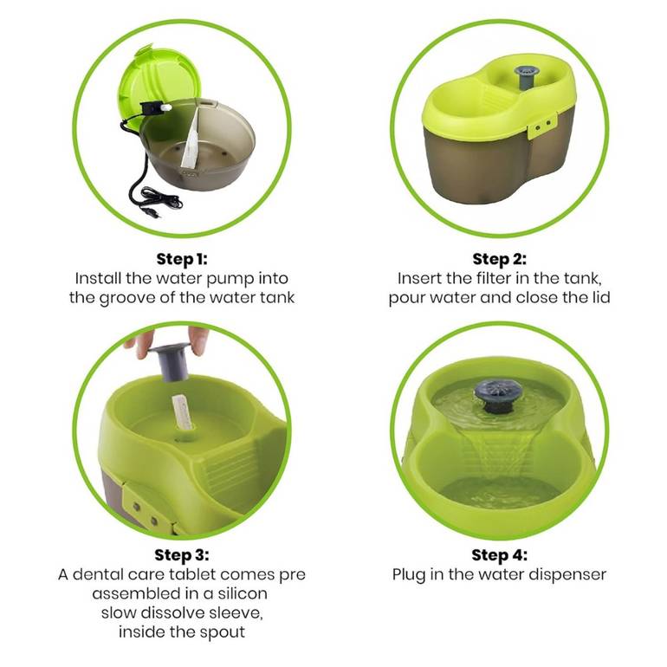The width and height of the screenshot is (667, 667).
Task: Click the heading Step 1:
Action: tap(182, 259)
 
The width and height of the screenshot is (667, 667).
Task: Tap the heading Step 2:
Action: tap(500, 259)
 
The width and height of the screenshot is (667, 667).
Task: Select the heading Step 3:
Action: tap(182, 555)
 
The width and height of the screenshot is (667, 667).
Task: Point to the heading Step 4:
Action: tap(500, 555)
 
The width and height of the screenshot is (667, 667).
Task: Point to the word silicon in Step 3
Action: tap(242, 593)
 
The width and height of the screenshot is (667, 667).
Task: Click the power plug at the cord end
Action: tap(154, 212)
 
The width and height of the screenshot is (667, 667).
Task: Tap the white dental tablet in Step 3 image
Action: tap(181, 412)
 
